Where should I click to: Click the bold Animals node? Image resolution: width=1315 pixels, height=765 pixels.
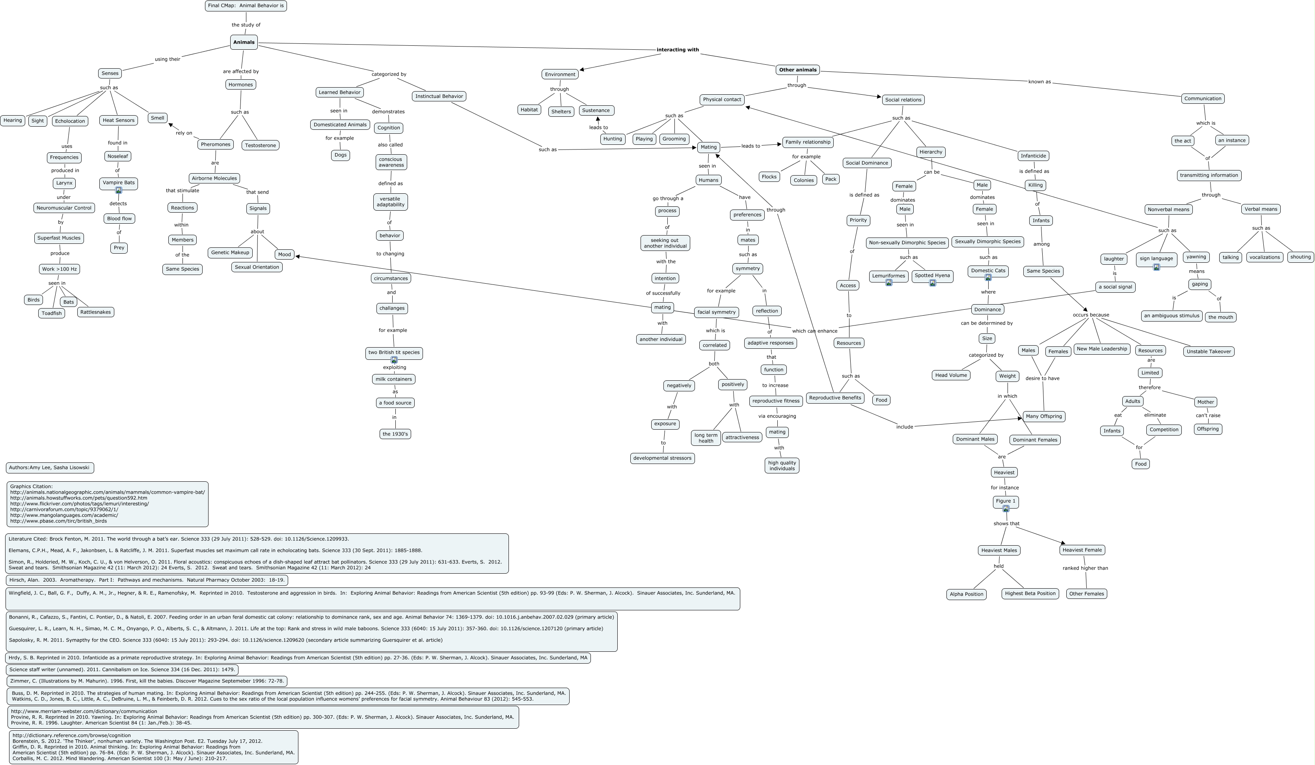(244, 42)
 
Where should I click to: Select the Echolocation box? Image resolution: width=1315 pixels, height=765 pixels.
(70, 121)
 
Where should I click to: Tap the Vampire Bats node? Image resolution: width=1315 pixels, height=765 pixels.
(119, 183)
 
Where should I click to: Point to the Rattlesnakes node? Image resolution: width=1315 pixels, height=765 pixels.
(95, 312)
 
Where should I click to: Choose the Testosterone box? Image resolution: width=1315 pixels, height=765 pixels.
(261, 145)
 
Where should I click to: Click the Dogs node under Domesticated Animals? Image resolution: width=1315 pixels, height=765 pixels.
(340, 155)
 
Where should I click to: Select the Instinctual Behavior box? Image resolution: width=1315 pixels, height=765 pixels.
(439, 96)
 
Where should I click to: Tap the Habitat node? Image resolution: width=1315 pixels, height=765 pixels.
(529, 110)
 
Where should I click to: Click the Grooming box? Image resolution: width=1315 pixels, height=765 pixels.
(674, 139)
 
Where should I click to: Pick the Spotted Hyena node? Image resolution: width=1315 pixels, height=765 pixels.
(932, 275)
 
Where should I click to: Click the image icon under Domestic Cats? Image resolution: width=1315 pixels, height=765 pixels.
(988, 278)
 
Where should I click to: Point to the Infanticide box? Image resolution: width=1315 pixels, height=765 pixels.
(1033, 155)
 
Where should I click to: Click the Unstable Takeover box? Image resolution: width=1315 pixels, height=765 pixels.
(1209, 352)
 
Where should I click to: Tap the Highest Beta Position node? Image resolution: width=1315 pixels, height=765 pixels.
(1030, 593)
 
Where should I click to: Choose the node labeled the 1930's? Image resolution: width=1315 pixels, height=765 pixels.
(395, 434)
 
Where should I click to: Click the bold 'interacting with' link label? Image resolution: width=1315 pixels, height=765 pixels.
(677, 50)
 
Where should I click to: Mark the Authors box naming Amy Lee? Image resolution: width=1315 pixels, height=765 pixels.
(50, 468)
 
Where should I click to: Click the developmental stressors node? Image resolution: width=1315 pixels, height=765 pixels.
(662, 458)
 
